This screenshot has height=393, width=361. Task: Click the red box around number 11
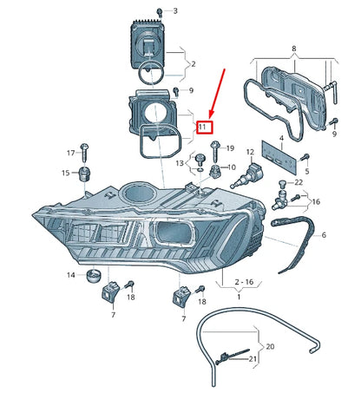click(202, 127)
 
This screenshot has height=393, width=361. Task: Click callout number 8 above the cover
click(293, 50)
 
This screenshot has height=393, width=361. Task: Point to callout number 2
click(194, 64)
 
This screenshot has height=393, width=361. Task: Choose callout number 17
click(71, 153)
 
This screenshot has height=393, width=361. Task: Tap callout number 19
click(230, 149)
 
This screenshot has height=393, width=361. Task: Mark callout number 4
click(281, 137)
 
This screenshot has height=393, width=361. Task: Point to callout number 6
click(324, 235)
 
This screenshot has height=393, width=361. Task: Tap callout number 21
click(253, 358)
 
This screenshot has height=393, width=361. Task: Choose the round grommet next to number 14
click(93, 278)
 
